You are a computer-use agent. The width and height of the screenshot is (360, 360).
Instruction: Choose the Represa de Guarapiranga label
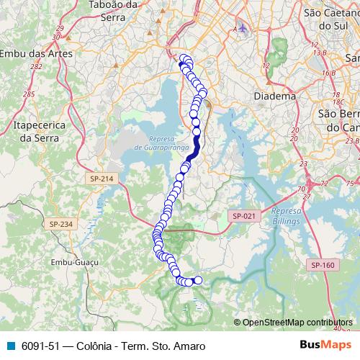(160, 143)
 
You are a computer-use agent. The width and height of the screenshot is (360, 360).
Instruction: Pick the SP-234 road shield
(61, 224)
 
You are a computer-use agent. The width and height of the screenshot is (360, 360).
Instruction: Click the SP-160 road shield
(323, 266)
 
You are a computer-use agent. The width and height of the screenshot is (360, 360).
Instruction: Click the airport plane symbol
(240, 28)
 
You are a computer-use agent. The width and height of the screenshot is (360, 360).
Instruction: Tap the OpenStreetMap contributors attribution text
(297, 323)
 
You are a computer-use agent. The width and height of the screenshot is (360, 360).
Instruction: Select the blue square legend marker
(10, 346)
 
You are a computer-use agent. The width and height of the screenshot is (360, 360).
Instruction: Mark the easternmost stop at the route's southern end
(198, 280)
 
